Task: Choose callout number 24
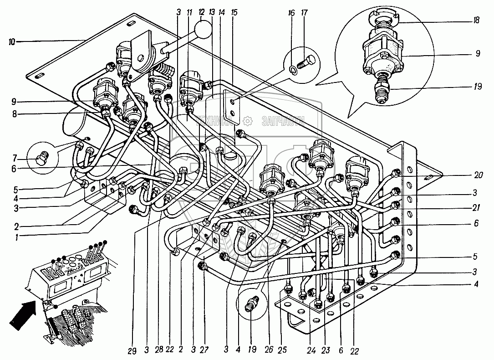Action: [x=311, y=351]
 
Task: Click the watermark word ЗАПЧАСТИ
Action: [x=282, y=121]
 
